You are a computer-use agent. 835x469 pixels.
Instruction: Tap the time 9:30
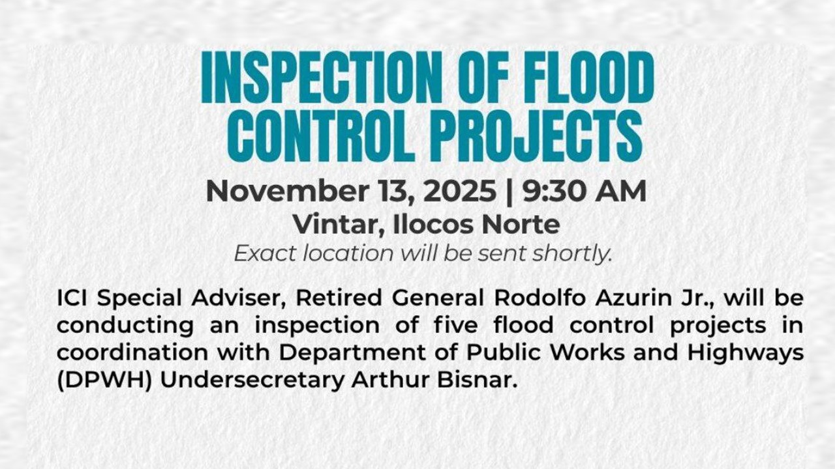tap(549, 192)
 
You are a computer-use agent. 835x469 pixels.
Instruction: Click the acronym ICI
tap(74, 298)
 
